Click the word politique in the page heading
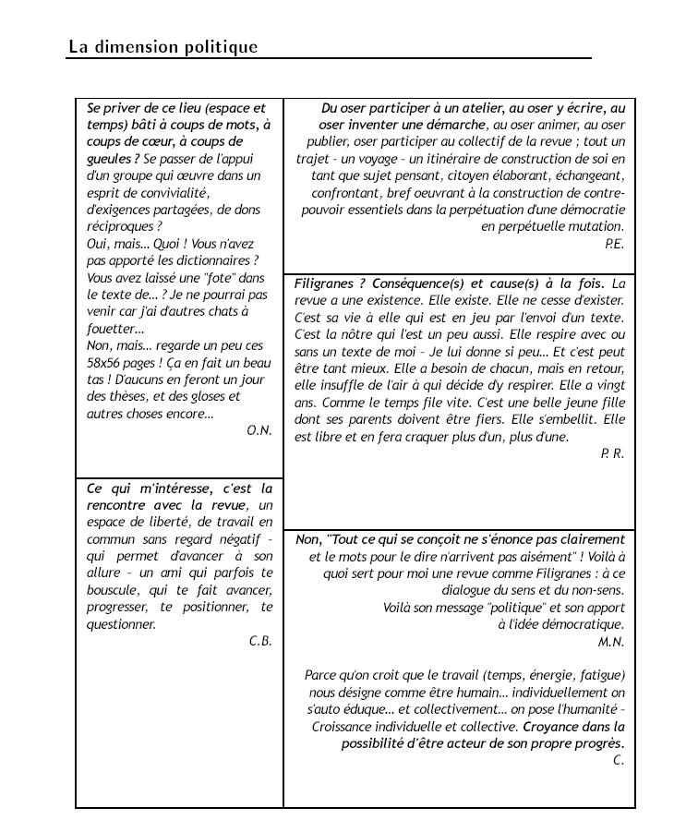coord(219,46)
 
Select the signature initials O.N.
coord(259,430)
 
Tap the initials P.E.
coord(615,244)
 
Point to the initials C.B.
coord(260,641)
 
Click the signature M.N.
coord(611,641)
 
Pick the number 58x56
coord(105,363)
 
